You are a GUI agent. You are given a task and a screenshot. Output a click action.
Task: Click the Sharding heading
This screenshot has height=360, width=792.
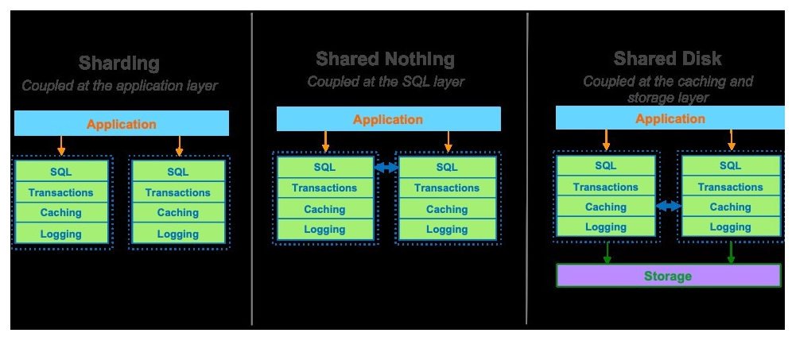click(119, 64)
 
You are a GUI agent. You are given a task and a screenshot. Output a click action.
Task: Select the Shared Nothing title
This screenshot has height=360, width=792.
click(385, 59)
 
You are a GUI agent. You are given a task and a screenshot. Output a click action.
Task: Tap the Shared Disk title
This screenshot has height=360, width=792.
click(667, 59)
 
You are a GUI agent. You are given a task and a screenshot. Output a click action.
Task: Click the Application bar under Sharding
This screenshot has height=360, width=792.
click(122, 124)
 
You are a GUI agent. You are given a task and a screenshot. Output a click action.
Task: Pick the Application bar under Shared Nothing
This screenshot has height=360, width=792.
click(388, 120)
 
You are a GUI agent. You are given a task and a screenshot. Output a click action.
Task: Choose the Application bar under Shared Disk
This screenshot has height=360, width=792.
click(670, 118)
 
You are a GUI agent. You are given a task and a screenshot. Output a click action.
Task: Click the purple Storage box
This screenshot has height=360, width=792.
click(668, 276)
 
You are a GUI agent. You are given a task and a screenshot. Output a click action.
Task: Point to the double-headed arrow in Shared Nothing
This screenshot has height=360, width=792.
click(386, 167)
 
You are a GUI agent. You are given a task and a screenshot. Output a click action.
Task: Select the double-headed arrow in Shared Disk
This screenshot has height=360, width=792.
click(669, 206)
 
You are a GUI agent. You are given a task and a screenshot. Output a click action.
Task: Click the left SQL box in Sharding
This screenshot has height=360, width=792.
click(61, 172)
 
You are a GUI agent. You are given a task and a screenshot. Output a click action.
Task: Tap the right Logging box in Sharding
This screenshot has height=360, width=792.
click(178, 234)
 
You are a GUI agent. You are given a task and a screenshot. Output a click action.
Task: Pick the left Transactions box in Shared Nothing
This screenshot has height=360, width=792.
click(324, 188)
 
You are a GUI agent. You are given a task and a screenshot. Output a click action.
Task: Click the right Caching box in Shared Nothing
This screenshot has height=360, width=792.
click(447, 209)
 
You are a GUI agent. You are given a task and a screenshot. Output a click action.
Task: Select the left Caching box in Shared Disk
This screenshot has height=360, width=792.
click(606, 207)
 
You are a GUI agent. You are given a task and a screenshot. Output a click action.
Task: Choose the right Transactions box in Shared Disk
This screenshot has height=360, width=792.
click(730, 187)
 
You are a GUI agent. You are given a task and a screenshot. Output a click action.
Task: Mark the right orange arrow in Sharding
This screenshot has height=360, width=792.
click(179, 146)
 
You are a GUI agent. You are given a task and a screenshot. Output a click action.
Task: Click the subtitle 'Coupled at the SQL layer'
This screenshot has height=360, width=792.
click(386, 81)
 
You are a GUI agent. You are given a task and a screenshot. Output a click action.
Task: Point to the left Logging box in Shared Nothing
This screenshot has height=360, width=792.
click(324, 230)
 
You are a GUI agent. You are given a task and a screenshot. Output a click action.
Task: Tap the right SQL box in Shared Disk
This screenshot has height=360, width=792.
click(730, 166)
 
